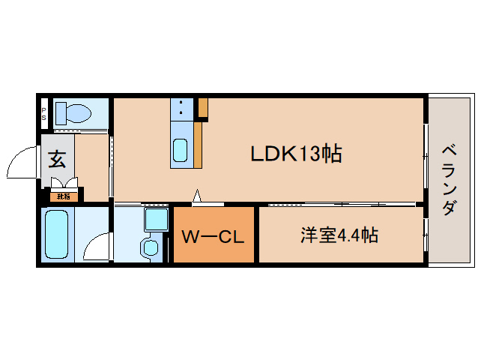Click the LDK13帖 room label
tap(296, 154)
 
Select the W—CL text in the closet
tap(214, 238)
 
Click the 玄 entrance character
tap(58, 160)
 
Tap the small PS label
tap(43, 114)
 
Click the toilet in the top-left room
tap(73, 115)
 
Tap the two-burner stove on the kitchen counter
tap(181, 109)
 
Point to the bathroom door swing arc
tap(95, 244)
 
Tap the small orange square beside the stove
tap(203, 108)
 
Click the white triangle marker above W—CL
tap(197, 196)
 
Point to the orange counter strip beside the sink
tap(198, 144)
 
